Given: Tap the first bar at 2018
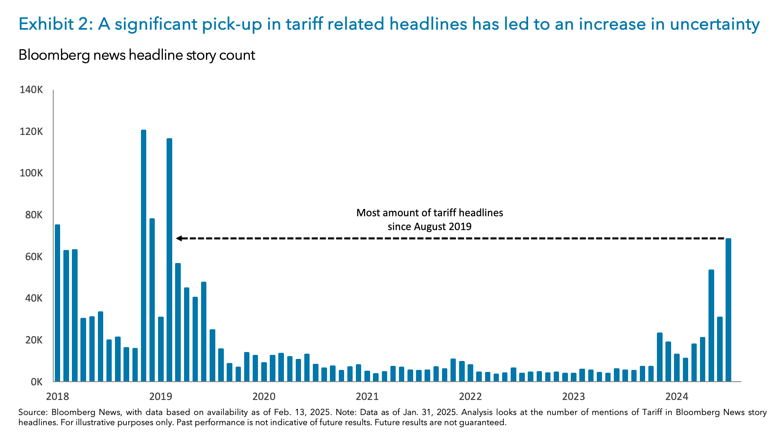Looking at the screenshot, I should click(57, 303).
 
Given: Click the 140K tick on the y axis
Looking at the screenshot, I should click(31, 90).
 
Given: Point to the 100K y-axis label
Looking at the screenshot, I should click(31, 173).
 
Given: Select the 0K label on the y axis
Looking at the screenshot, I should click(37, 382).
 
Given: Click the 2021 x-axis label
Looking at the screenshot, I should click(367, 396).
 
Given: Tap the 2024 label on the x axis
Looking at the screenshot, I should click(676, 396).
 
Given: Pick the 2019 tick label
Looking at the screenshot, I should click(160, 396).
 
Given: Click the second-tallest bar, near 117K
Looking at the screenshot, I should click(169, 260).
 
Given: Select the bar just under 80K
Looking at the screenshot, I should click(152, 300).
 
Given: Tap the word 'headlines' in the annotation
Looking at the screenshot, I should click(483, 213).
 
